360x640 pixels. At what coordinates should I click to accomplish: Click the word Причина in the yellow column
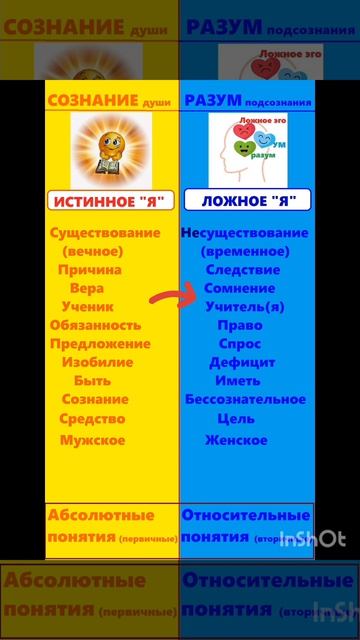90,270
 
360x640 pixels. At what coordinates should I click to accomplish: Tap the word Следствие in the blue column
243,270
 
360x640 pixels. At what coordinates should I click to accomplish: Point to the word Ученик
87,307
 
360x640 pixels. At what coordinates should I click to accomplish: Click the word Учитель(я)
243,307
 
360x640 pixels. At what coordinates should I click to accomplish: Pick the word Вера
87,288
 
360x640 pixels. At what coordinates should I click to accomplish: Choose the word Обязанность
95,325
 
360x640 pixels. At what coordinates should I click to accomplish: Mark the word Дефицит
242,362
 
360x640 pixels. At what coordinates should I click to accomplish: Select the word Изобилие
94,362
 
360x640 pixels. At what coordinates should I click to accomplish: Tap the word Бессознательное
245,400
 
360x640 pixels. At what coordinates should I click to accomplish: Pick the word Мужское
92,440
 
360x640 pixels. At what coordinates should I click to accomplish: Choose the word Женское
236,440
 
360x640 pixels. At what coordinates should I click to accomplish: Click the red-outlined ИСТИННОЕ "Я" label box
111,200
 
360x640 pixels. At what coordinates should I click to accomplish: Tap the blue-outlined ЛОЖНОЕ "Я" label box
246,200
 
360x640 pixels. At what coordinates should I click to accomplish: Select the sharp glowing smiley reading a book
111,145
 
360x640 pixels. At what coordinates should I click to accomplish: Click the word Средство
93,419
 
